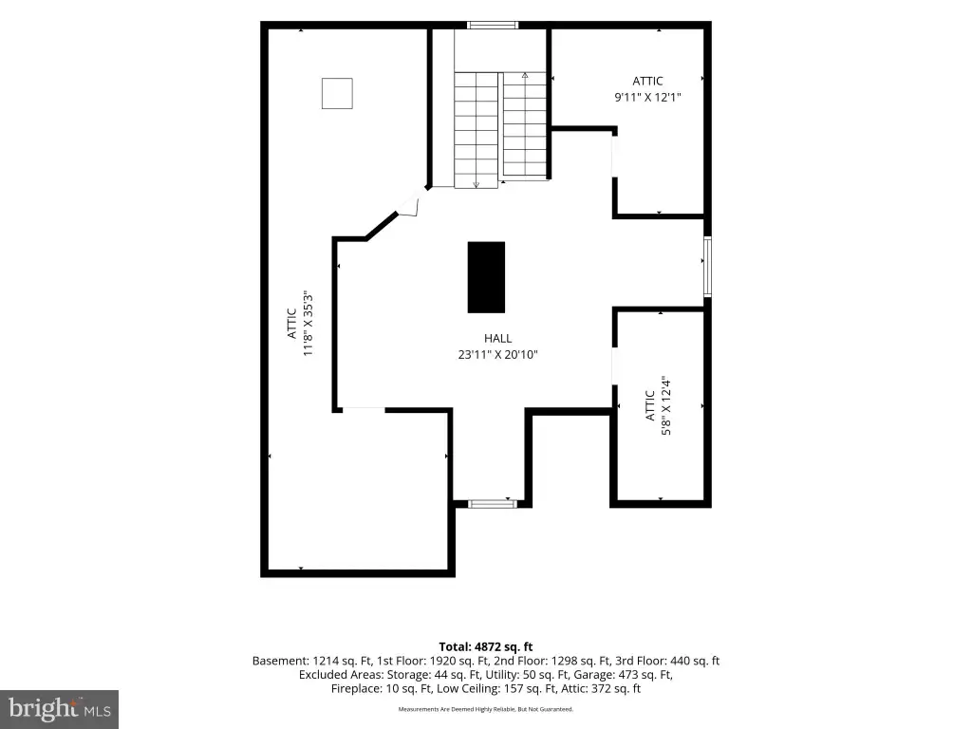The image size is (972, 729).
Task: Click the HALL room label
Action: [497, 339]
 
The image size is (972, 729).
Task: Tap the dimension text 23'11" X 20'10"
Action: [497, 355]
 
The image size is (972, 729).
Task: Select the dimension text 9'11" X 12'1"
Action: [647, 97]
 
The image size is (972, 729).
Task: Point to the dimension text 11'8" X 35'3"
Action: [308, 323]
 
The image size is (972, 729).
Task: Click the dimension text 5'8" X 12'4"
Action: [666, 405]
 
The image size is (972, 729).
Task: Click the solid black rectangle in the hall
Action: [486, 277]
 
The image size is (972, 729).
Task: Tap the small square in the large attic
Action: [337, 94]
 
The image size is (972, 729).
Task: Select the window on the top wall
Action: [493, 26]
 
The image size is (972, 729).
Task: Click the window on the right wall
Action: [707, 267]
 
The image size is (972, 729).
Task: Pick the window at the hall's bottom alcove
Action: [493, 504]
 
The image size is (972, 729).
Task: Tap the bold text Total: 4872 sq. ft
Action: [486, 647]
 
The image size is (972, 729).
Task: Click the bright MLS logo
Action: [60, 709]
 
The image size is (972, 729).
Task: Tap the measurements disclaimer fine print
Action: [486, 709]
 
